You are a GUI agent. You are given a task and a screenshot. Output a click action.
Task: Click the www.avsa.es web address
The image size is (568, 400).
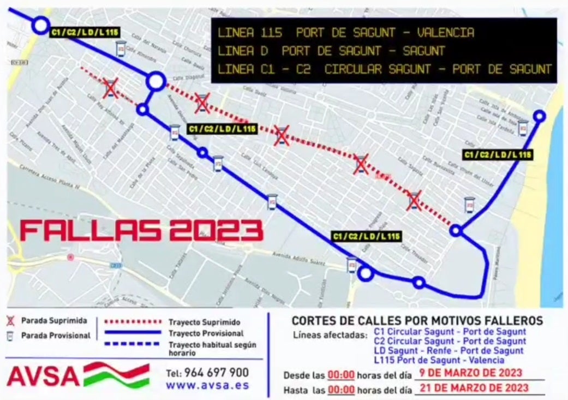click(207, 385)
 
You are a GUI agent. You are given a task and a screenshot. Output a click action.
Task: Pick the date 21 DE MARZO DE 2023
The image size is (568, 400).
click(473, 387)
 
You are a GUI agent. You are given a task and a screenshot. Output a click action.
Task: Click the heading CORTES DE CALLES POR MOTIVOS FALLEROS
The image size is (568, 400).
click(417, 321)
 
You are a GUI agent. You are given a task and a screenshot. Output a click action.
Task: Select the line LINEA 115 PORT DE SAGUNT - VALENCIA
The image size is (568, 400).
click(346, 33)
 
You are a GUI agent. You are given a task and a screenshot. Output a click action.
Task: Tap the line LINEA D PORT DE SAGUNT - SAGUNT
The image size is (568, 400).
click(331, 51)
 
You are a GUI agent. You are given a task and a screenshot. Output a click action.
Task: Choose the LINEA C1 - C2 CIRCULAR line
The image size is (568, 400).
click(385, 69)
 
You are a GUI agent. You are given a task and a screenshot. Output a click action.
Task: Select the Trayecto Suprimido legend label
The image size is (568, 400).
click(204, 323)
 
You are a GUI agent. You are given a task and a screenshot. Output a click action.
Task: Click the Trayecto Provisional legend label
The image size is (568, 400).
click(206, 333)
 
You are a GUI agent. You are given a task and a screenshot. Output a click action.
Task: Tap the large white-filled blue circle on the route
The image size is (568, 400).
click(156, 82)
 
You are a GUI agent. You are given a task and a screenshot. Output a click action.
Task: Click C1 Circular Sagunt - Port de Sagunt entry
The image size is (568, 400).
click(451, 331)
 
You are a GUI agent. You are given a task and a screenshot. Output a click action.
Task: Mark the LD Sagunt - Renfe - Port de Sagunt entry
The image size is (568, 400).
click(449, 351)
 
